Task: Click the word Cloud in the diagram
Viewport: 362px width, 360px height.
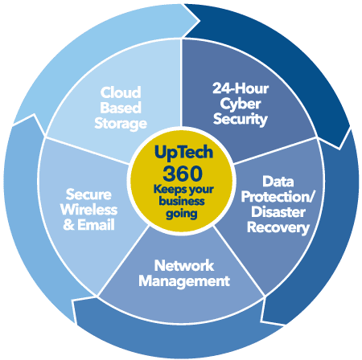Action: (x=121, y=92)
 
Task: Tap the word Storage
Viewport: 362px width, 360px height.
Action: (x=121, y=124)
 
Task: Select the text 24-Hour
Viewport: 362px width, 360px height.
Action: (x=241, y=88)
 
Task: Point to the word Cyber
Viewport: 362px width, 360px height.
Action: (x=241, y=104)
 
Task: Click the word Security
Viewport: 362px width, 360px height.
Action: (x=241, y=119)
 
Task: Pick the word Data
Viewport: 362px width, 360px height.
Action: (x=278, y=182)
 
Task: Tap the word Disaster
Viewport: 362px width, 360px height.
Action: (x=278, y=212)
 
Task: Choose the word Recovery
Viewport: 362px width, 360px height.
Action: (x=278, y=227)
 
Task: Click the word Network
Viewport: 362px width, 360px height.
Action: (x=184, y=266)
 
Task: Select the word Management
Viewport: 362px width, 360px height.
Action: (x=184, y=281)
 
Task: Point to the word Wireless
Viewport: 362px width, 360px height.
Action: (x=88, y=210)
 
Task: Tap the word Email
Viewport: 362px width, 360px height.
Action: (x=96, y=225)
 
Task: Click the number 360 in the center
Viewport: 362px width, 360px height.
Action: (x=183, y=174)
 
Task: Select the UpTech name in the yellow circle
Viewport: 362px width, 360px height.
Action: (x=183, y=153)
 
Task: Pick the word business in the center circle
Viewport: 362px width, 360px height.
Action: (x=182, y=201)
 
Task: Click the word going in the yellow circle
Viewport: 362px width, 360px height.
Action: (x=182, y=214)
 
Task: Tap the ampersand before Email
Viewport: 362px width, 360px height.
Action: (x=68, y=225)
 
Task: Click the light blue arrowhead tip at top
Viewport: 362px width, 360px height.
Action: (x=200, y=20)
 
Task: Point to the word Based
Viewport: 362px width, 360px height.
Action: (x=121, y=108)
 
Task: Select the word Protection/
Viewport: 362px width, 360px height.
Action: (x=278, y=197)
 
